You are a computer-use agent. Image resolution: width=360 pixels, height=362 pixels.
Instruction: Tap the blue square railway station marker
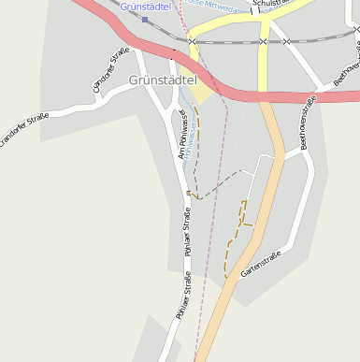click(145, 19)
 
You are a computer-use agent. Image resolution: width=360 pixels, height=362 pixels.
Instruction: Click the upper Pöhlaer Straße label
click(187, 234)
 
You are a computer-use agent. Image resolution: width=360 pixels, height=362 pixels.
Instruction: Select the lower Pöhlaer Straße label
click(181, 295)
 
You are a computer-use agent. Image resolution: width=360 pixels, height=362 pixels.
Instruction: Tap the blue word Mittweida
click(223, 4)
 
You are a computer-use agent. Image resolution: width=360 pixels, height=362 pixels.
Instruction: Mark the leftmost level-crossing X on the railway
click(192, 41)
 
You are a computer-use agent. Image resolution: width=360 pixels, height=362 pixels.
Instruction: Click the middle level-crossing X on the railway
click(264, 41)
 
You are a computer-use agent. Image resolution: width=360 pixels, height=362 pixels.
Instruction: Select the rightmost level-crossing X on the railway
click(287, 41)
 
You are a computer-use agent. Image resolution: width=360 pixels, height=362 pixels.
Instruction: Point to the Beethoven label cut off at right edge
click(346, 70)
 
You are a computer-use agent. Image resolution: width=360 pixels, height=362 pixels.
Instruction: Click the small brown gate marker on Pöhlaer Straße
click(188, 193)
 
